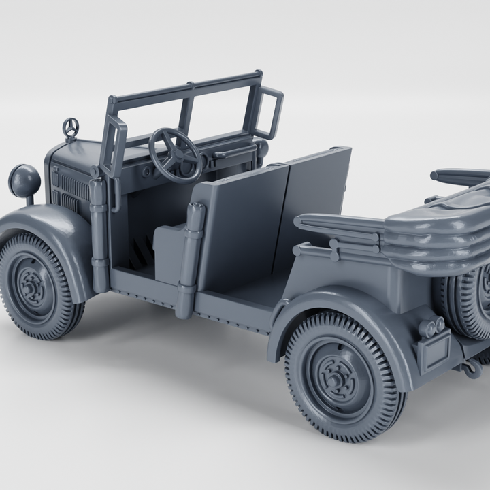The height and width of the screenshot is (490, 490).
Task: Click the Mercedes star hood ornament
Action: (x=70, y=127)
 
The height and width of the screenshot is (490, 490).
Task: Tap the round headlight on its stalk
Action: (x=24, y=182)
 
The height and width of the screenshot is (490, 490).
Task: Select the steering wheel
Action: (x=175, y=154)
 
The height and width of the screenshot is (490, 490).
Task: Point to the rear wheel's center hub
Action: (x=338, y=376)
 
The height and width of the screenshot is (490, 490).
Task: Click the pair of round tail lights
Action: (x=432, y=327)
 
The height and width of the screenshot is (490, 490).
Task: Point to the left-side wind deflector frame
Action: (x=114, y=146)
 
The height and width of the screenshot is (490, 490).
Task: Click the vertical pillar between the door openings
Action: (x=191, y=259)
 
